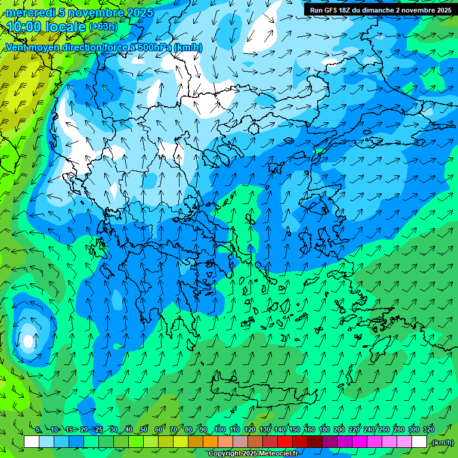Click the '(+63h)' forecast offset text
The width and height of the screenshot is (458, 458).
[x=103, y=26]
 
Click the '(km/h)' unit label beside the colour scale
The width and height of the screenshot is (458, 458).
[x=442, y=442]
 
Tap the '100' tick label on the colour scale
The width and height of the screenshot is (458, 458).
[x=219, y=429]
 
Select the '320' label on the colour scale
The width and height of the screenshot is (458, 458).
[x=428, y=429]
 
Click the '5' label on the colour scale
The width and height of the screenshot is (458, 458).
[x=38, y=429]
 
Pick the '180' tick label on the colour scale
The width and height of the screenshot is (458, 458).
[x=324, y=429]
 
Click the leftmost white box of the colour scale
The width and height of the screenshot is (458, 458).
[x=32, y=442]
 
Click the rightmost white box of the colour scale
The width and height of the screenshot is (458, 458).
[x=419, y=442]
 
